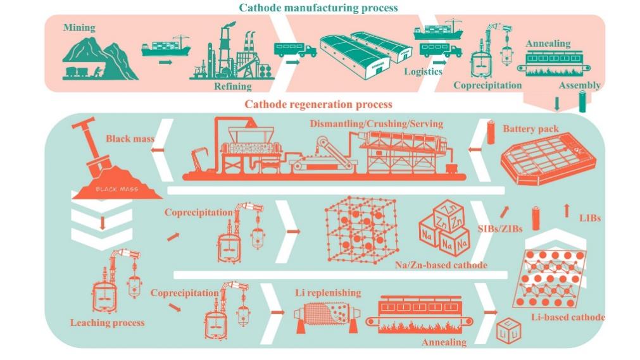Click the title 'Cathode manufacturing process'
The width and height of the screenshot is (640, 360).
[x=318, y=8]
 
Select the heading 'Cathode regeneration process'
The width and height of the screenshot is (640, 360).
[x=318, y=104]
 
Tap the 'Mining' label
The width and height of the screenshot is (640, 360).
[x=79, y=27]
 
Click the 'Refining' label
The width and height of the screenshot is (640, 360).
[x=232, y=86]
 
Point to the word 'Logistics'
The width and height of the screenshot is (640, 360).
[x=423, y=71]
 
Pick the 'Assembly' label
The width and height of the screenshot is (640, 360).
[x=579, y=85]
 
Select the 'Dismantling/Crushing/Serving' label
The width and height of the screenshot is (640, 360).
[x=376, y=124]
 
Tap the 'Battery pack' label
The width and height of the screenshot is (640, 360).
[x=530, y=129]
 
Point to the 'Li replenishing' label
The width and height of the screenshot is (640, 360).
[x=328, y=292]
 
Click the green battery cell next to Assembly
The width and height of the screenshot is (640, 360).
[x=582, y=101]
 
